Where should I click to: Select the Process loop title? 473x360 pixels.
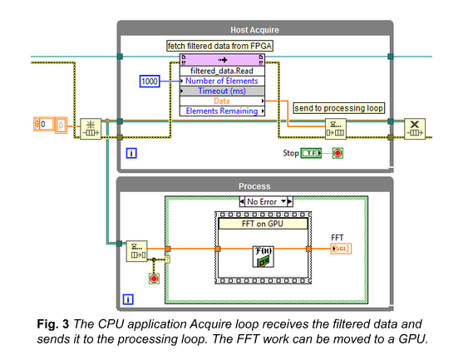[x=254, y=185]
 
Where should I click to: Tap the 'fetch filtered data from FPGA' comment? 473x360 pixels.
[x=221, y=45]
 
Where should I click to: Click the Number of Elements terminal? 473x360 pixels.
[x=222, y=81]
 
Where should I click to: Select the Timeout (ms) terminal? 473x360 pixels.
[x=222, y=91]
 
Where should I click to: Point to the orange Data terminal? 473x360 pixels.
[x=222, y=101]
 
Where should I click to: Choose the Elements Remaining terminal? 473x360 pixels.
[x=222, y=111]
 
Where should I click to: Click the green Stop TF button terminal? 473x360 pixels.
[x=311, y=154]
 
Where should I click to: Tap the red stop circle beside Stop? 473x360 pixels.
[x=338, y=154]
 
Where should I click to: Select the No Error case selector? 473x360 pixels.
[x=265, y=201]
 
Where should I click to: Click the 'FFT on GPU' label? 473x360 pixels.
[x=263, y=223]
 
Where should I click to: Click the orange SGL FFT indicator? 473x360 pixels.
[x=341, y=248]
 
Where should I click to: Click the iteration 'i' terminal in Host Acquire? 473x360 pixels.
[x=131, y=153]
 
